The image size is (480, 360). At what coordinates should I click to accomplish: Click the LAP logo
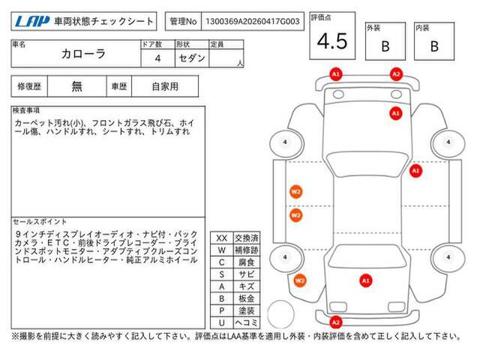point(31,21)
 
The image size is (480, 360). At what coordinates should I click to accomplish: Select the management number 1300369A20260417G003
point(253,22)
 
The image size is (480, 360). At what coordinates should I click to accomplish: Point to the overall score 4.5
point(332,41)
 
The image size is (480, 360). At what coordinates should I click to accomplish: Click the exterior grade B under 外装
point(385,46)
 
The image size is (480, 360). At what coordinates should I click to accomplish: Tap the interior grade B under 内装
point(434,46)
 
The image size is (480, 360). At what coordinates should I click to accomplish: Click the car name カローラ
point(83,54)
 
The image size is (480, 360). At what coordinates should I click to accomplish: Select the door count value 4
point(157,58)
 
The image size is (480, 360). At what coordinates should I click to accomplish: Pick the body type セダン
point(192,58)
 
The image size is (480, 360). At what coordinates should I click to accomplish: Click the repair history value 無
point(76,86)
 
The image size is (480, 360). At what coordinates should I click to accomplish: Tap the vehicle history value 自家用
point(165,86)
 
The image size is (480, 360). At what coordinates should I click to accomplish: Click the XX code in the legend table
point(222,238)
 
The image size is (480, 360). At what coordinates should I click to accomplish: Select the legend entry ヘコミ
point(247,322)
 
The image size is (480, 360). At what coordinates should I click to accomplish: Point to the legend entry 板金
point(247,298)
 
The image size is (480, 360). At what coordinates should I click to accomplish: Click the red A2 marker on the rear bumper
point(336,322)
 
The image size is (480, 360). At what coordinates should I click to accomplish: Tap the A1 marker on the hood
point(395,113)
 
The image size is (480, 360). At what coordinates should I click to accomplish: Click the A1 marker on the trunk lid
point(366,280)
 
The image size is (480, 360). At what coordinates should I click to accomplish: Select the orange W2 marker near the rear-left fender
point(299,280)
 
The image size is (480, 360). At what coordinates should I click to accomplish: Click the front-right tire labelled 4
point(448,142)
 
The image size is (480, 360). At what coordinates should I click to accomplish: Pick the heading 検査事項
point(26,110)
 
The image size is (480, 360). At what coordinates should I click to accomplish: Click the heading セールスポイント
point(40,222)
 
